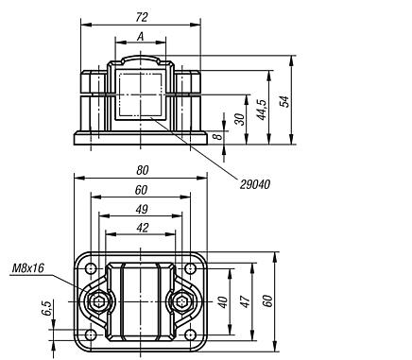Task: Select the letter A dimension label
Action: [140, 37]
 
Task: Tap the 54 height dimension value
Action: [284, 101]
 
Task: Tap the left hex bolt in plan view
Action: [97, 302]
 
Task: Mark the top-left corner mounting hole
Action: [91, 268]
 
